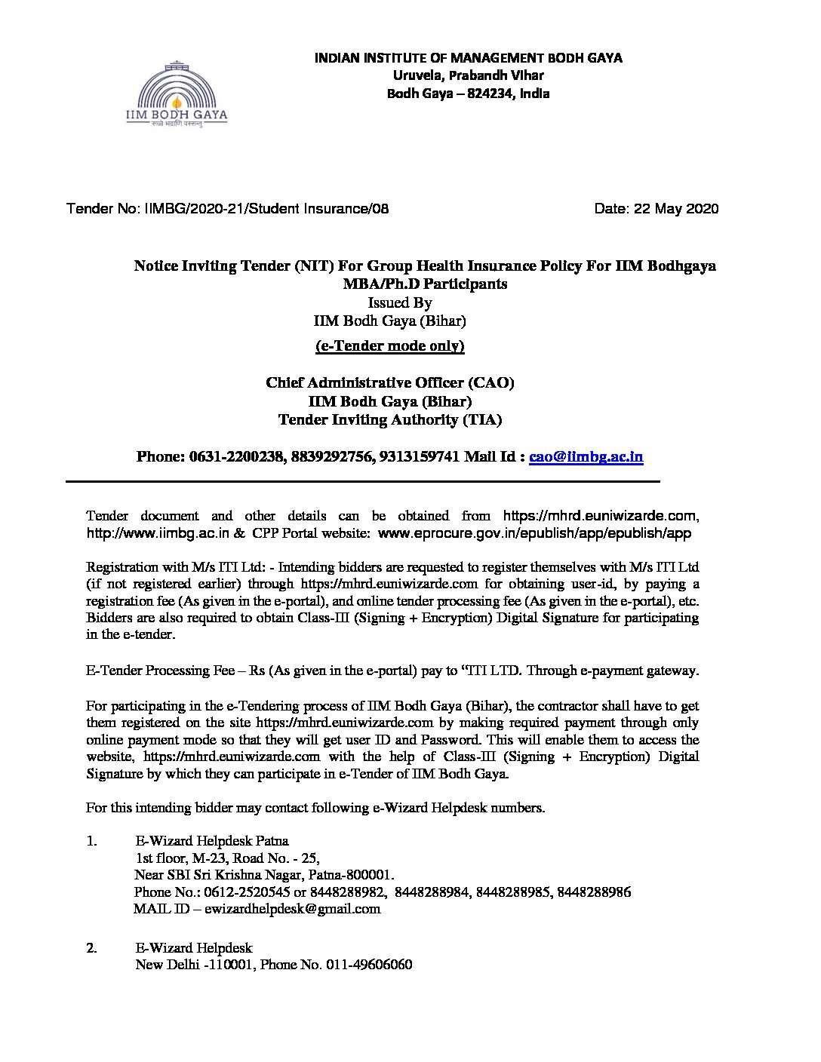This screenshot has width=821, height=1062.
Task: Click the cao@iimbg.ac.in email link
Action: coord(586,456)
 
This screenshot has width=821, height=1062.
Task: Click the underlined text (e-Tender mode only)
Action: coord(389,346)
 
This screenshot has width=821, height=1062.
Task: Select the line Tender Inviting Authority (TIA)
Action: coord(389,420)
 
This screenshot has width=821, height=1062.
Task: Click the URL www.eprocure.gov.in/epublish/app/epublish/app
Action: coord(533,533)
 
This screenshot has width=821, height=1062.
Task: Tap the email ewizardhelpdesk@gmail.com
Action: coord(296,909)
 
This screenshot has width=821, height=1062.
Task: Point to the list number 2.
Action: coord(91,948)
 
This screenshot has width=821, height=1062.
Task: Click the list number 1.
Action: coord(91,840)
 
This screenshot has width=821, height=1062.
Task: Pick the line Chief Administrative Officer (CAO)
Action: coord(389,383)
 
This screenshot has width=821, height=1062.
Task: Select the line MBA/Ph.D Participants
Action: coord(425,284)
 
